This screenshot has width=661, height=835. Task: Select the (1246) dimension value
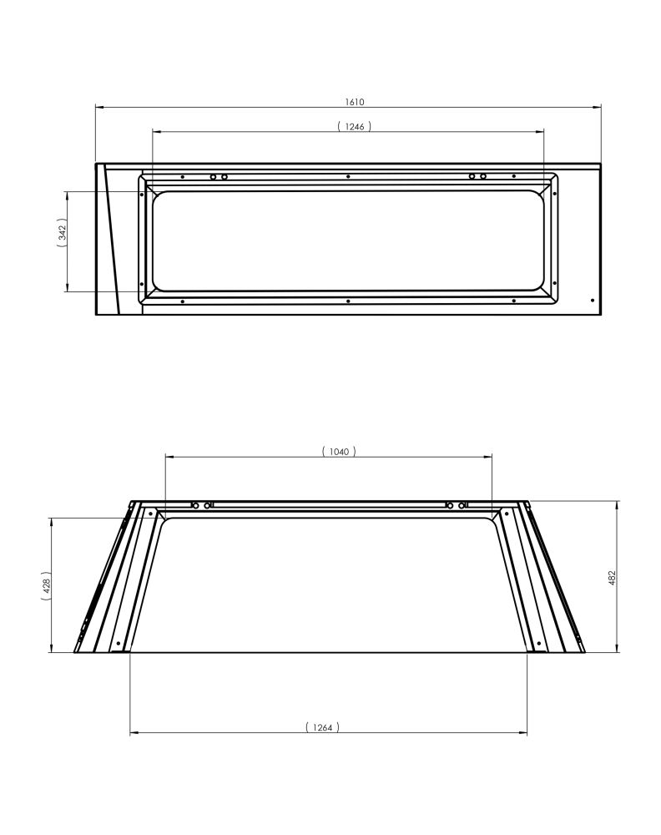coord(354,126)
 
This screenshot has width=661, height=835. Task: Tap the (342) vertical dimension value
coord(63,233)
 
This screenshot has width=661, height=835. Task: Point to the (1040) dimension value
coord(339,452)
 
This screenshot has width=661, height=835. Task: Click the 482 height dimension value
coord(612,578)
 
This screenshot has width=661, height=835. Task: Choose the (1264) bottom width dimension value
coord(322,727)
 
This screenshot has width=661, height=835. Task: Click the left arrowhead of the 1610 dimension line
coord(99,107)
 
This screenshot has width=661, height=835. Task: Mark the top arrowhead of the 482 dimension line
coord(617,505)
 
